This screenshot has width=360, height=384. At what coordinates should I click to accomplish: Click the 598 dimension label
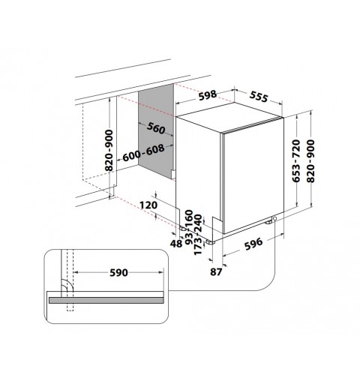click(x=207, y=95)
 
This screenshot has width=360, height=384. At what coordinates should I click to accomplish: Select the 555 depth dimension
click(x=259, y=97)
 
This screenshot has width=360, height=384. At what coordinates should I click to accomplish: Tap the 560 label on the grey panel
click(x=156, y=127)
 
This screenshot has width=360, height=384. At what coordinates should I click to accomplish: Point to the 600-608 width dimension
click(x=143, y=153)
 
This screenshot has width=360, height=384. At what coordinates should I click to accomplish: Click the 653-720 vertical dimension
click(x=296, y=160)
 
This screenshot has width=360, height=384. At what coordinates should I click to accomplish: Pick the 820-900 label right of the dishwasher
click(x=310, y=160)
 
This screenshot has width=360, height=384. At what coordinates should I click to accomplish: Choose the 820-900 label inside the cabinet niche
click(x=109, y=151)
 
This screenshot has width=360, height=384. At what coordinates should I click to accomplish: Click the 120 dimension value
click(x=148, y=205)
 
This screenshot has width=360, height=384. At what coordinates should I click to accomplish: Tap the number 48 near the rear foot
click(x=176, y=244)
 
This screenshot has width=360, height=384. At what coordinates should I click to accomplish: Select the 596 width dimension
click(x=253, y=244)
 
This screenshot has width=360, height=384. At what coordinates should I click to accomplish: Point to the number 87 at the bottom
click(x=216, y=272)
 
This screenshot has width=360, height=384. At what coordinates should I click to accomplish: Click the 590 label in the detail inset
click(x=118, y=272)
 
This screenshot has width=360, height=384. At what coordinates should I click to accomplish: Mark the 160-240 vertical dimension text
click(x=193, y=221)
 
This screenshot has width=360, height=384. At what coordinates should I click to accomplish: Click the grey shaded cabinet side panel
click(x=156, y=131)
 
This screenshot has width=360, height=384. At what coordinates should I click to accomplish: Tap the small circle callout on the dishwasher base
click(x=274, y=218)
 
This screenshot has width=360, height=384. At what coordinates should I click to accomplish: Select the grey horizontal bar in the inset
click(x=106, y=300)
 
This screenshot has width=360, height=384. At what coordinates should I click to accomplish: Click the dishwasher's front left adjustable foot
click(x=209, y=242)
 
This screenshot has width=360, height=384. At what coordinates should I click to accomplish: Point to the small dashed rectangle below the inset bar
click(x=70, y=307)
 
